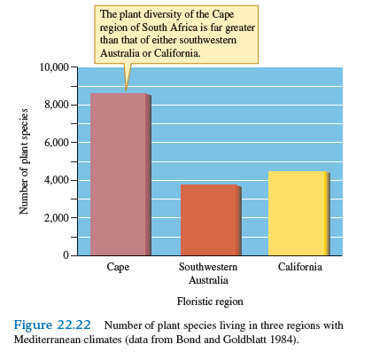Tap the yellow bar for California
(298, 213)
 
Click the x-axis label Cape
(118, 267)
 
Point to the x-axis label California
(298, 267)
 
